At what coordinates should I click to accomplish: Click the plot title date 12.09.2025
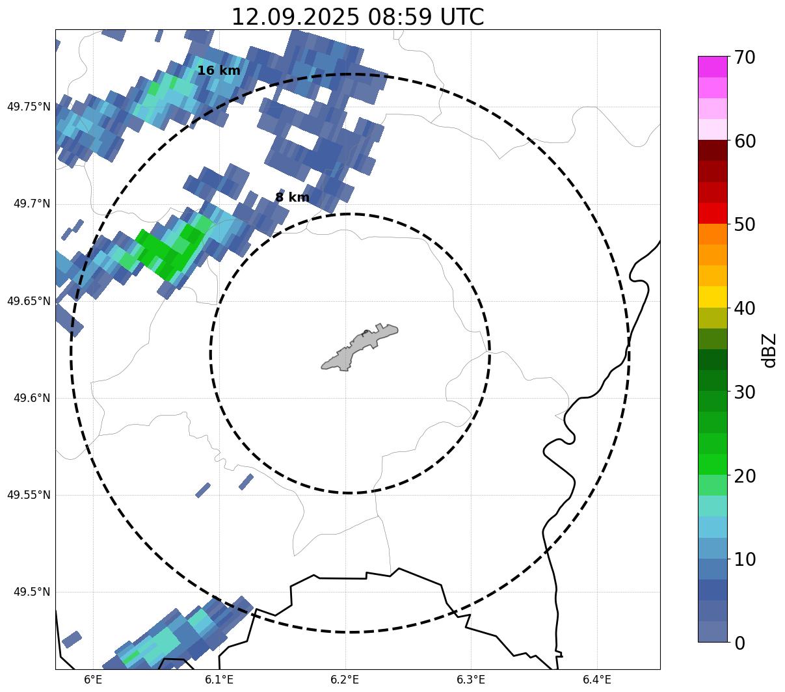click(x=294, y=17)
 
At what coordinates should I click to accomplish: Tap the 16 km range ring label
click(x=219, y=70)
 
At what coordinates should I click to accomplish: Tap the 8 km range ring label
click(x=292, y=197)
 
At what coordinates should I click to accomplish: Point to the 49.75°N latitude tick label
click(x=29, y=107)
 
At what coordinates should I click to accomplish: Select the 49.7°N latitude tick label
click(x=32, y=204)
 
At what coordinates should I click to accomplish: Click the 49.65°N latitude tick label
click(x=29, y=301)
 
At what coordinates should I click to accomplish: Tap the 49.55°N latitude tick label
click(x=29, y=495)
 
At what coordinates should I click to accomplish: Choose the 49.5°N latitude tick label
click(x=32, y=592)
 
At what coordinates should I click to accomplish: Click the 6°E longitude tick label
click(x=94, y=680)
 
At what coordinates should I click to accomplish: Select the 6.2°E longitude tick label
click(x=345, y=680)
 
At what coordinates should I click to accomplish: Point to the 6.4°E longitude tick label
click(x=597, y=680)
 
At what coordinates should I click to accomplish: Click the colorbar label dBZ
click(x=770, y=350)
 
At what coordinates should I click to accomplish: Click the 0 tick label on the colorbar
click(x=740, y=643)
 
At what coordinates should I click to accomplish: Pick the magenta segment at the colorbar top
click(x=713, y=66)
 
